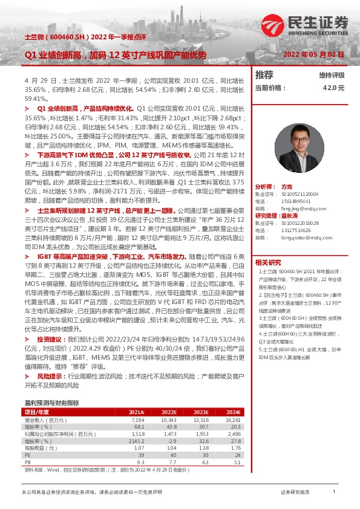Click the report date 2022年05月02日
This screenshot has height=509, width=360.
314,54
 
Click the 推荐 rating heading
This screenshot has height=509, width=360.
264,75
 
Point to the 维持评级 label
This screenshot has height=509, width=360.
332,76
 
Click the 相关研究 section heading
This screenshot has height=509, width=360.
268,262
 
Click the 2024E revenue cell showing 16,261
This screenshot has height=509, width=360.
232,419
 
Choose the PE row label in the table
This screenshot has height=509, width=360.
27,455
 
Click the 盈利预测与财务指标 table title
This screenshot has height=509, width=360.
51,402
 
